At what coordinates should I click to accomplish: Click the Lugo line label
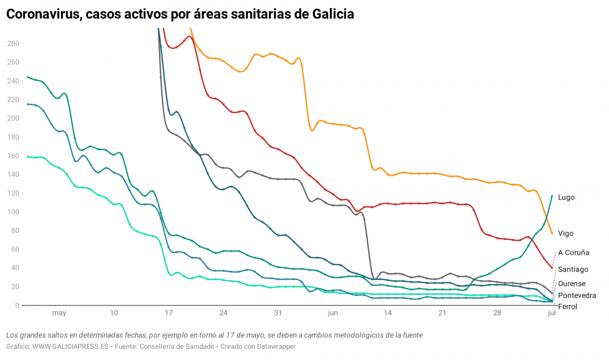(x=566, y=198)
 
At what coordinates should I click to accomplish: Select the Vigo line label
(x=565, y=234)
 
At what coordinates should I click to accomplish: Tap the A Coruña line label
(x=573, y=252)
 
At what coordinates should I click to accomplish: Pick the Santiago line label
(x=573, y=270)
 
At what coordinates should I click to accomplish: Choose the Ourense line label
(x=571, y=284)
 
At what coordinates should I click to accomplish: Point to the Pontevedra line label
(x=577, y=296)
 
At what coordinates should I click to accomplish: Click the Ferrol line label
(x=567, y=307)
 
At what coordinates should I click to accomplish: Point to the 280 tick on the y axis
(x=13, y=44)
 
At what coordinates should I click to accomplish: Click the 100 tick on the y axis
(x=13, y=212)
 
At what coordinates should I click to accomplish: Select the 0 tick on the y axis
(x=17, y=306)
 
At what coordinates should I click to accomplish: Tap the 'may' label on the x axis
(x=59, y=313)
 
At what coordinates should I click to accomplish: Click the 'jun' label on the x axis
(x=333, y=313)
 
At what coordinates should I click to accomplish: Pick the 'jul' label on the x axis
(x=552, y=313)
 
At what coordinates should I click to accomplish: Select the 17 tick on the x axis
(x=169, y=313)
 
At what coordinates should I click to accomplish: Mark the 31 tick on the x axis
(x=278, y=313)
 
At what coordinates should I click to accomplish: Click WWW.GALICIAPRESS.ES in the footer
(x=70, y=346)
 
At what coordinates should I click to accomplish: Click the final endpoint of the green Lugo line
(x=552, y=195)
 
